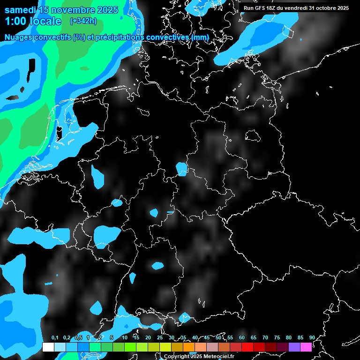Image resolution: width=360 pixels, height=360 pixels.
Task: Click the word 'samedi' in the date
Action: [20, 10]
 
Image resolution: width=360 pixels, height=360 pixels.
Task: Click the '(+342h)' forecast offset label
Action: [83, 21]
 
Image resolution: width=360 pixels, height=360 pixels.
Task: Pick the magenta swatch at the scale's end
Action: [306, 347]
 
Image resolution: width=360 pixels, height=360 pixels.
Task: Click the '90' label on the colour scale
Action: [312, 338]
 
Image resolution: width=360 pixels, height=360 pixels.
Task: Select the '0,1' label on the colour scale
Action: [54, 338]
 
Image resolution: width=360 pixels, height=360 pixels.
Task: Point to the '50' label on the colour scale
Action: [218, 338]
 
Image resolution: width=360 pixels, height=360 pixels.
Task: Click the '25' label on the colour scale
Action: [160, 338]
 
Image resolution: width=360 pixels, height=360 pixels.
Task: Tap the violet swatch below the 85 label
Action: [294, 347]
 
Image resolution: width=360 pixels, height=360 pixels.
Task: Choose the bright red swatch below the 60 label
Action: [247, 347]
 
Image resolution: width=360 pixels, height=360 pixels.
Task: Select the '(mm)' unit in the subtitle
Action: [200, 37]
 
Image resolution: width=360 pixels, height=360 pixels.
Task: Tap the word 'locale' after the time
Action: [45, 21]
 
